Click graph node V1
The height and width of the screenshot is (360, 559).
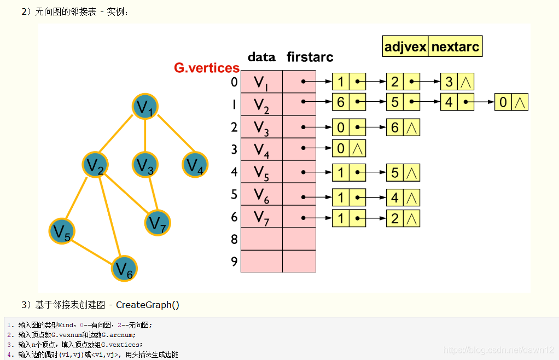(145, 107)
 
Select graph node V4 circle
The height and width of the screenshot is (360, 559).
(194, 165)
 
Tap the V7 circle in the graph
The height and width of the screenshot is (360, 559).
(158, 222)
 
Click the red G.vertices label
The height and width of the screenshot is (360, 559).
(207, 68)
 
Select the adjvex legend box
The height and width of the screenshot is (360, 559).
(405, 47)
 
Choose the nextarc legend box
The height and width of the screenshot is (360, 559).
(455, 47)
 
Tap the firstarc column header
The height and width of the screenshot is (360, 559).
(310, 57)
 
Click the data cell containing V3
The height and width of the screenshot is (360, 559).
(261, 127)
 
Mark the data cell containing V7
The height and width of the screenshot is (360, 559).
(261, 217)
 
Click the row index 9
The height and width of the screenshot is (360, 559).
(234, 262)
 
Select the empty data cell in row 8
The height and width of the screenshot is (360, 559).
(261, 239)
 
